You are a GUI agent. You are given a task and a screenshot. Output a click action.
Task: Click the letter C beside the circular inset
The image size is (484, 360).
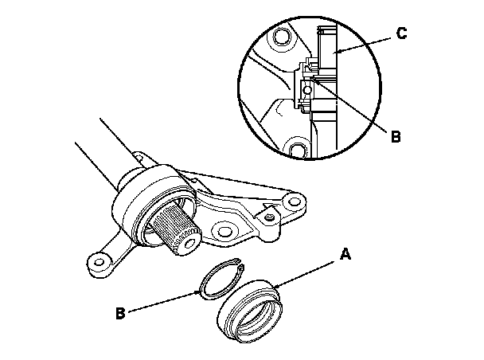tap(401, 33)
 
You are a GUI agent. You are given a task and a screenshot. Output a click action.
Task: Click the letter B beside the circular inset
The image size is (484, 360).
tap(396, 136)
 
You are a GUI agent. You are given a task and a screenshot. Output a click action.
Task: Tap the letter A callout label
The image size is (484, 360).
tap(345, 254)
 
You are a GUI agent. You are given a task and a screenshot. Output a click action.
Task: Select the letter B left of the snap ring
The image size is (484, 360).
tap(120, 313)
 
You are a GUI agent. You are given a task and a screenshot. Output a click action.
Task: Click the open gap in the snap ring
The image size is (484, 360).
tap(240, 264)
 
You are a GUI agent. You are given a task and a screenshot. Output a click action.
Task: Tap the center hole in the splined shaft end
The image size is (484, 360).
tap(189, 245)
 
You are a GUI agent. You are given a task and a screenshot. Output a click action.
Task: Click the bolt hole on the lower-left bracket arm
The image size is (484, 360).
tap(99, 263)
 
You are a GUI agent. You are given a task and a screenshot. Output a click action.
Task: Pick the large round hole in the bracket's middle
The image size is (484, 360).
tap(224, 232)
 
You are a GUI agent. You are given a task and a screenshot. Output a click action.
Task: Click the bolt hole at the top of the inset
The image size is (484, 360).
tap(282, 36)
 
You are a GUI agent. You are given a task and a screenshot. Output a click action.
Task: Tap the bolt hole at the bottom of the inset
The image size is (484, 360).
tap(296, 150)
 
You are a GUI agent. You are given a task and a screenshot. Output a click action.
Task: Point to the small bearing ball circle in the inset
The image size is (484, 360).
tap(307, 90)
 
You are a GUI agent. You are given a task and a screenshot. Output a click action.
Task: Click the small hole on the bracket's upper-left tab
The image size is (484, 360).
tap(139, 158)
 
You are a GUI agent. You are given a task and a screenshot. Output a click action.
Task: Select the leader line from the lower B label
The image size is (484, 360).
tap(164, 302)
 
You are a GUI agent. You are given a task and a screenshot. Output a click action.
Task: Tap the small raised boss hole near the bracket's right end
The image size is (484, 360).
tap(270, 217)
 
